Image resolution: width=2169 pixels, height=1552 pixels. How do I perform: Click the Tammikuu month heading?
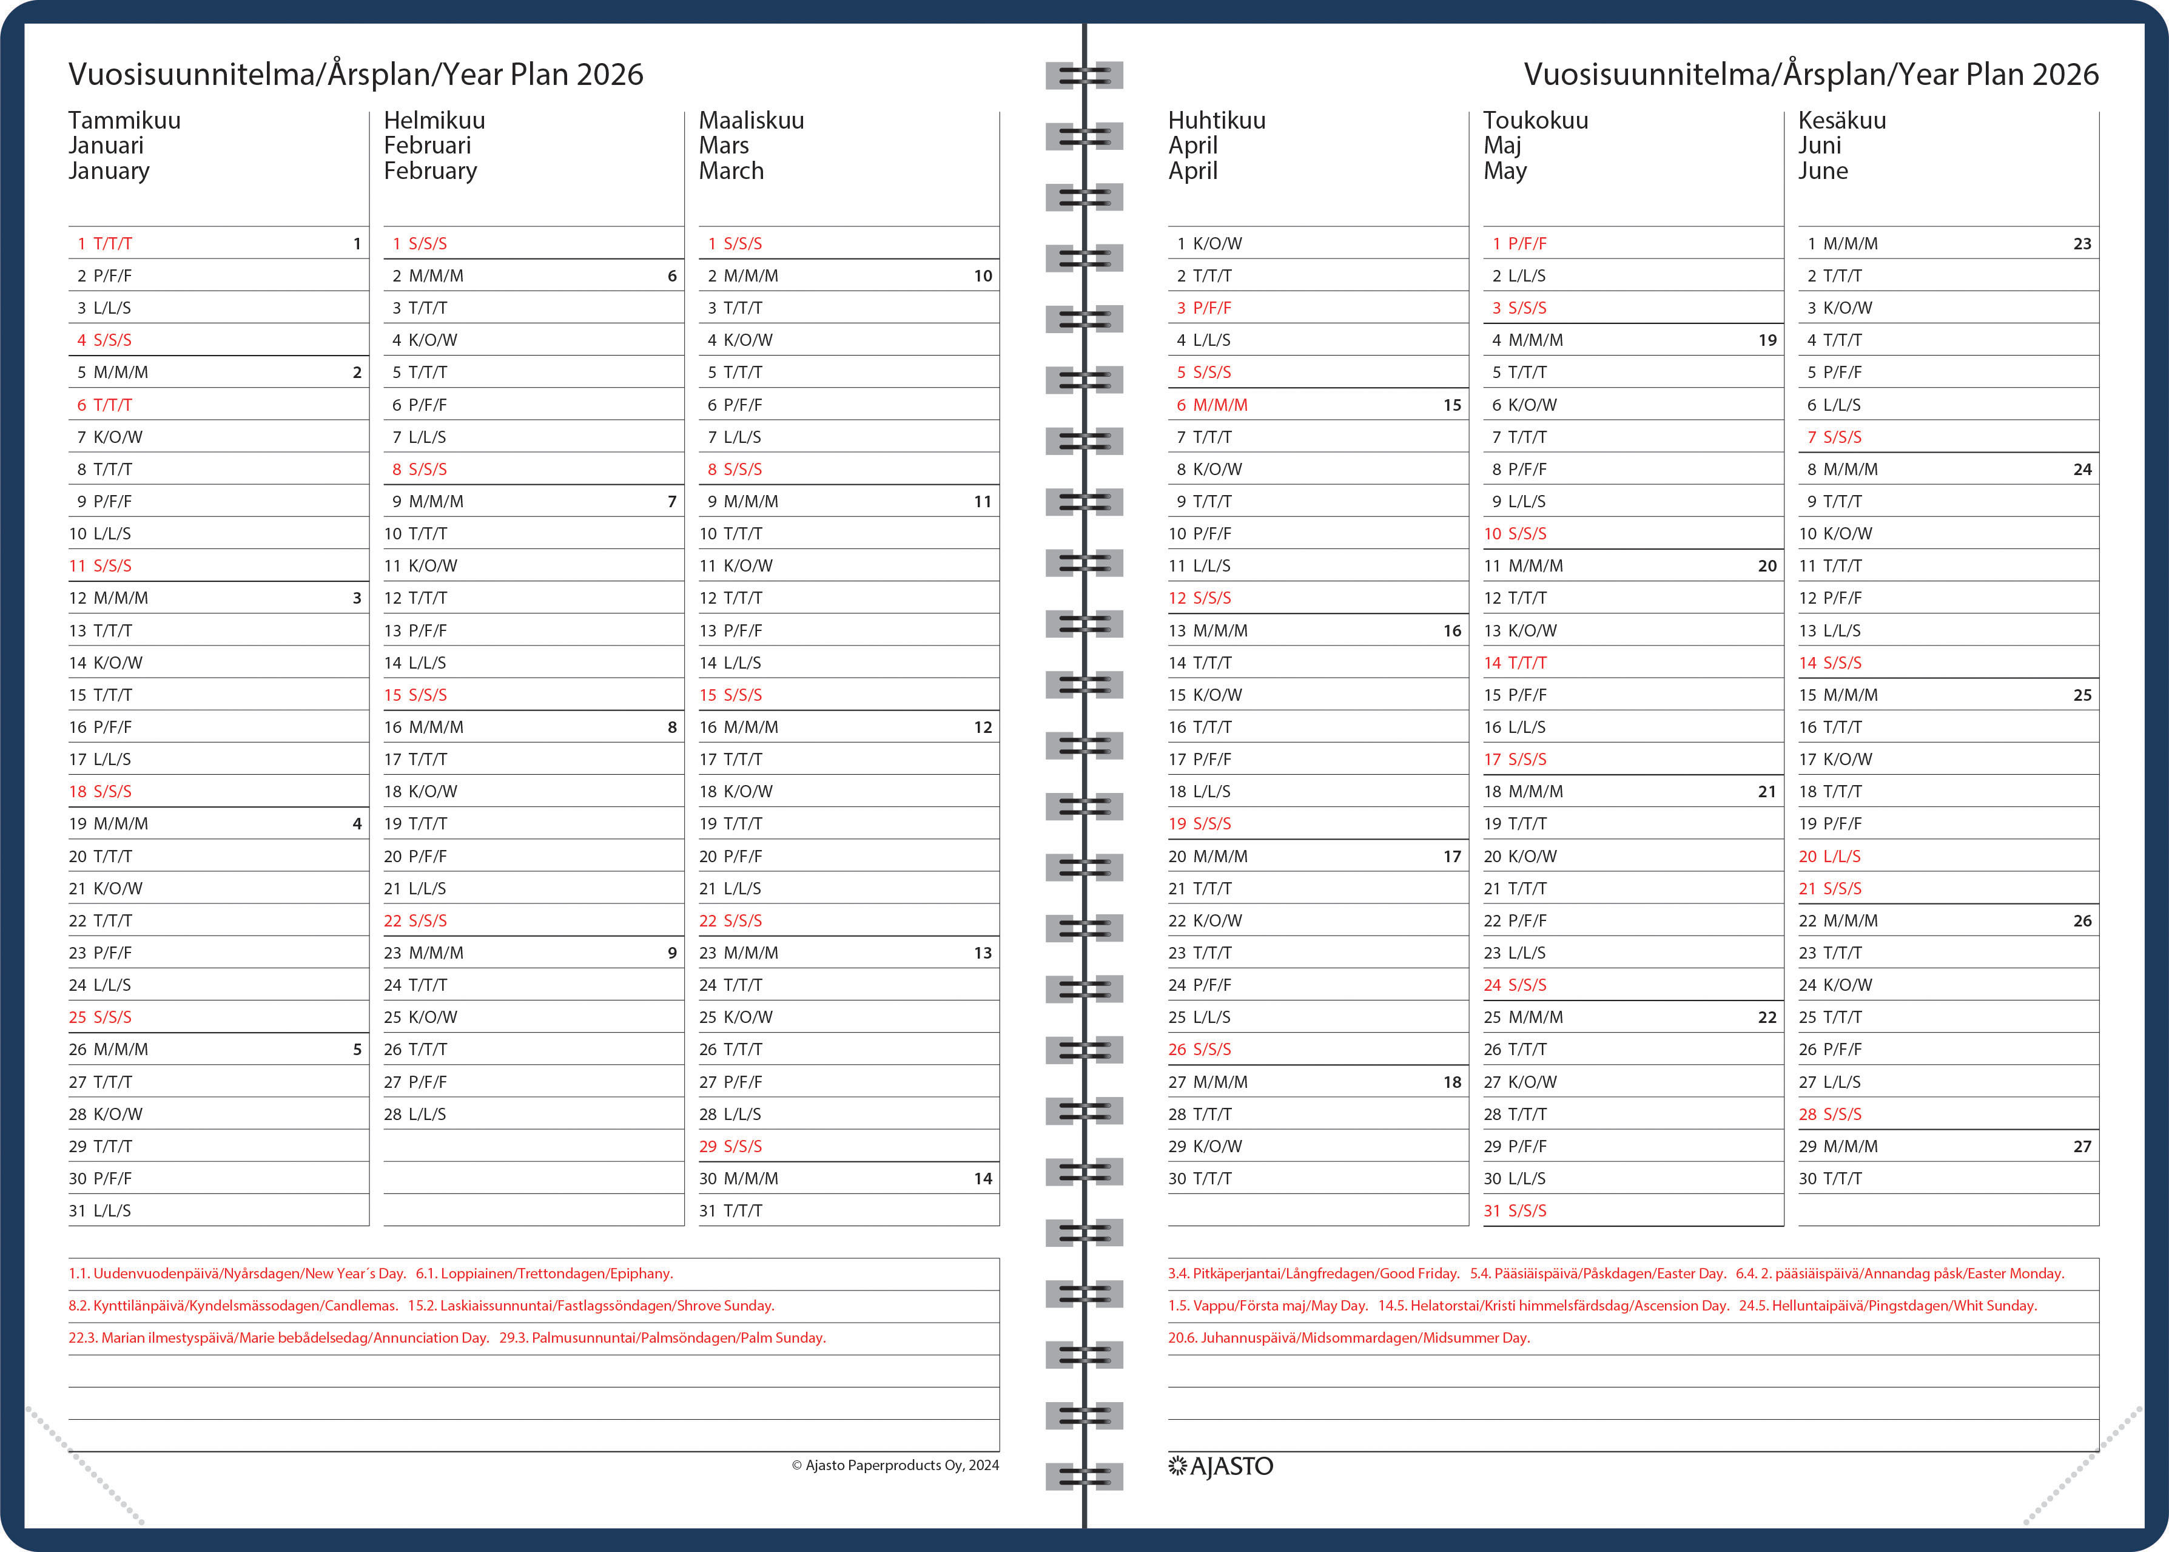tap(124, 120)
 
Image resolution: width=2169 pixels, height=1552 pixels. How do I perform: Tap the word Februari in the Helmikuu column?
tap(427, 145)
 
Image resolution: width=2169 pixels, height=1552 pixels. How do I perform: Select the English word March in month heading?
tap(731, 171)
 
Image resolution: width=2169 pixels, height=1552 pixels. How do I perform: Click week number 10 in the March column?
tap(982, 276)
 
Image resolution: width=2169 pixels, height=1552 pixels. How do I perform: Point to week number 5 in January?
tap(357, 1049)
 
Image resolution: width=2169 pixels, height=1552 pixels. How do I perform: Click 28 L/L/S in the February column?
tap(415, 1115)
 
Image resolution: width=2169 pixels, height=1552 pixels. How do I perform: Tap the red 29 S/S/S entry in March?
tap(730, 1146)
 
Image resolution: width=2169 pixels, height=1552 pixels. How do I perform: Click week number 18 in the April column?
tap(1451, 1082)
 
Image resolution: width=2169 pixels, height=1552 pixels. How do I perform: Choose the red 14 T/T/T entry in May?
tap(1515, 663)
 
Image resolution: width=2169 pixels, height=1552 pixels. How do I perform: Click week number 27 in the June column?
tap(2082, 1147)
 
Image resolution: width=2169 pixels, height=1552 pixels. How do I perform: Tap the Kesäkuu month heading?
tap(1841, 120)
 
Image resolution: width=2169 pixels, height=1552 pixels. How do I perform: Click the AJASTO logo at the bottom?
tap(1220, 1466)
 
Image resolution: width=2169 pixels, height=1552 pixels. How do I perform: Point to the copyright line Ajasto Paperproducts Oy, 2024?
tap(895, 1465)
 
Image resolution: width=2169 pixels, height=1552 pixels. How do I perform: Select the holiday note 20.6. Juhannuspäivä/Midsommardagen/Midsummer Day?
tap(1348, 1338)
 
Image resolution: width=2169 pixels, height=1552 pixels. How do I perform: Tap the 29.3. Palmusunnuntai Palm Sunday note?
tap(662, 1338)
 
